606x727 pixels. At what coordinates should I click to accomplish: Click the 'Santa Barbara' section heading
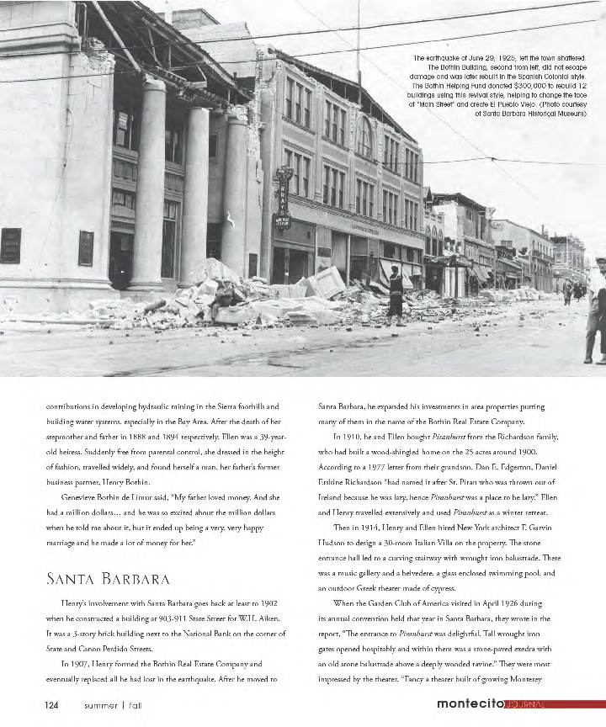click(x=108, y=579)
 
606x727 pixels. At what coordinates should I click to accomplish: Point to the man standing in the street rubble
click(x=395, y=295)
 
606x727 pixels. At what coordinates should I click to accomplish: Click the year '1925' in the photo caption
click(x=525, y=57)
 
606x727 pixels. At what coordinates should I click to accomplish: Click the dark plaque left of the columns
click(x=10, y=246)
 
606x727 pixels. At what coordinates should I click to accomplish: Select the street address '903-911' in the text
click(x=183, y=618)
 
